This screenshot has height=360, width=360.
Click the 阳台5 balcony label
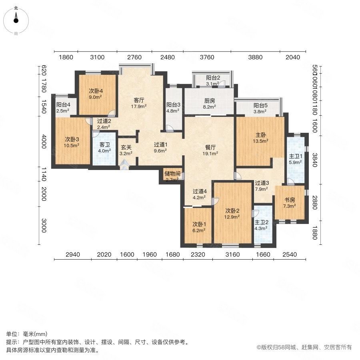tap(260, 108)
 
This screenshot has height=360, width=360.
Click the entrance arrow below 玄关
tap(125, 163)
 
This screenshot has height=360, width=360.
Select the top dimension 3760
tap(207, 57)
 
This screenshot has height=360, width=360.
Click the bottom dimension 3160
tap(232, 254)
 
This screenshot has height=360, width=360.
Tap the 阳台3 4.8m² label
tap(173, 108)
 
